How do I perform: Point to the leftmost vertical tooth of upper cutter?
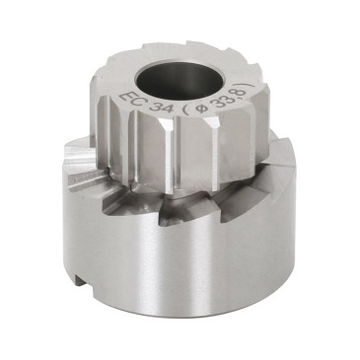106,128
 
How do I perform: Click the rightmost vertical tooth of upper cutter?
264,123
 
